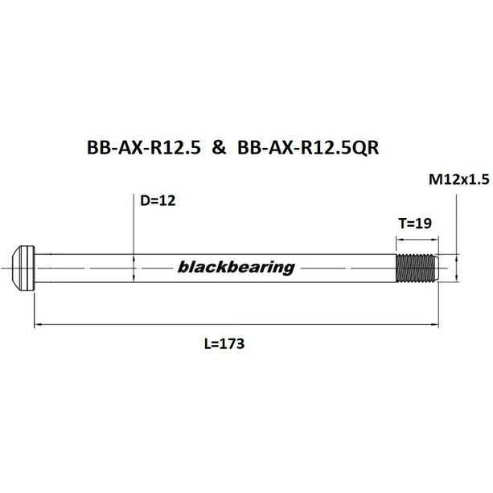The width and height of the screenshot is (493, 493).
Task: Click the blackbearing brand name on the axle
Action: pyautogui.click(x=235, y=268)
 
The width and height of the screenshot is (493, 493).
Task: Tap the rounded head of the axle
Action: pyautogui.click(x=24, y=265)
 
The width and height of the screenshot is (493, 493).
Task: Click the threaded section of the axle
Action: pyautogui.click(x=418, y=267)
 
